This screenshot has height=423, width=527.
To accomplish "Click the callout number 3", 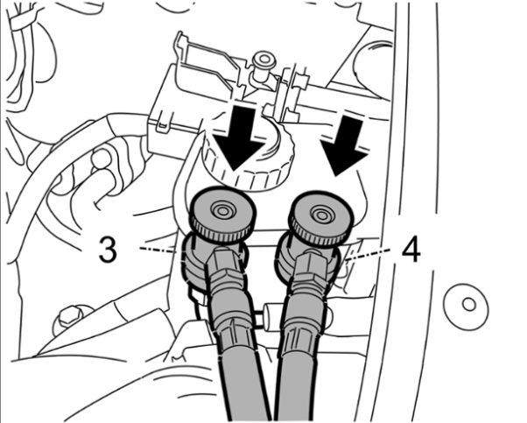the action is (108, 250).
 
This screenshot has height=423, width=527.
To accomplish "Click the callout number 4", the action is (411, 250).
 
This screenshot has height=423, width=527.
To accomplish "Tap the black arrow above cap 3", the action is (241, 138).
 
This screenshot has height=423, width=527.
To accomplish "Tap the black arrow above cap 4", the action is (346, 145).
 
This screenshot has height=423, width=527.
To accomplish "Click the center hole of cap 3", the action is (221, 211).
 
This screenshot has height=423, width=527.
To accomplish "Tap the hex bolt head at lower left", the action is (71, 318).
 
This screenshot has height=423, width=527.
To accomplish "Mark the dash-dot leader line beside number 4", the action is (369, 254).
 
